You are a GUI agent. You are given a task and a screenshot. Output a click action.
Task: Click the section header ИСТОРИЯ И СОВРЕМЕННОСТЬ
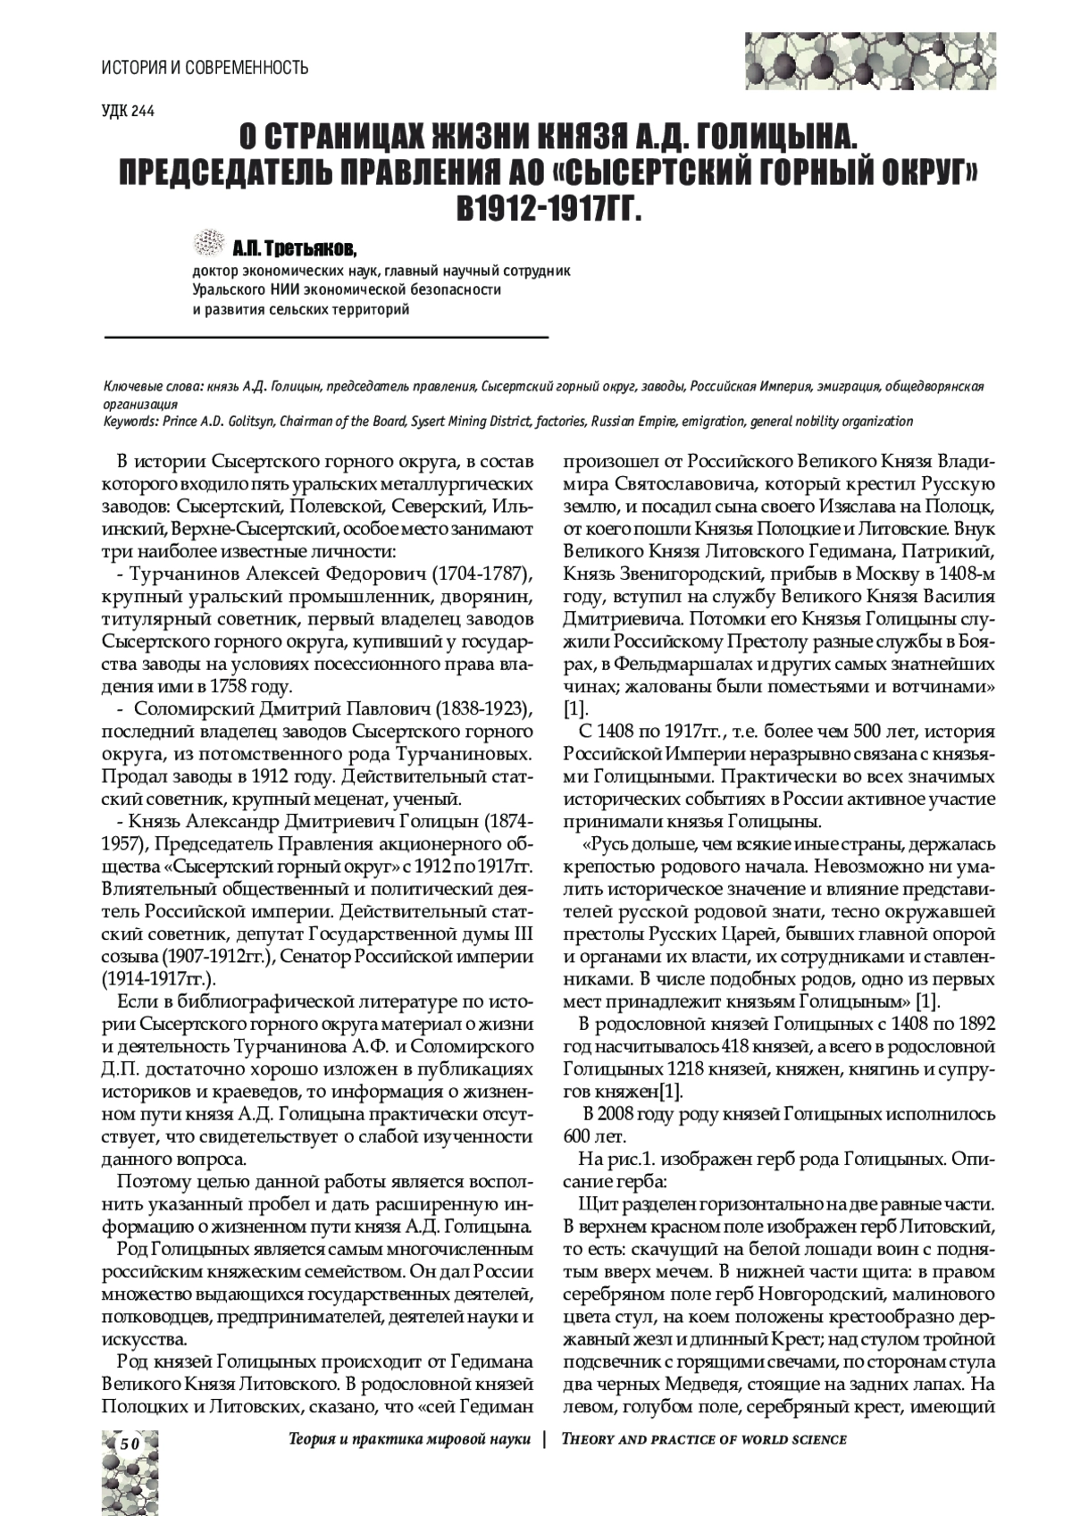click(x=205, y=67)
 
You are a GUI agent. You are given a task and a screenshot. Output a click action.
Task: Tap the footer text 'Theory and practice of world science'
click(x=702, y=1439)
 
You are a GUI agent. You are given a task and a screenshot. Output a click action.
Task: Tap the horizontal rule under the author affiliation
click(x=326, y=338)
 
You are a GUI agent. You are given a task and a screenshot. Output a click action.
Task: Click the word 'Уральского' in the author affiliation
click(x=224, y=289)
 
